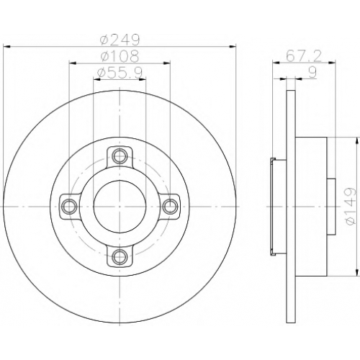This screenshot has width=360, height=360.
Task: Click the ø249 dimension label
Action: [120, 40]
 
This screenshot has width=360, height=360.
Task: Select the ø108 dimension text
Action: [120, 56]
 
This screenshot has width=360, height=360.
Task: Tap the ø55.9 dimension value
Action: [120, 73]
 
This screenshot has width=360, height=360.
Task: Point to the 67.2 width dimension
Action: [304, 56]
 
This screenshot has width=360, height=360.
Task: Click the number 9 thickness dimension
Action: [312, 72]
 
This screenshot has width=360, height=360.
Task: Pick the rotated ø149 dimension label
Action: [349, 206]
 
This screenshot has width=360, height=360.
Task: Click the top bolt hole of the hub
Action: [120, 156]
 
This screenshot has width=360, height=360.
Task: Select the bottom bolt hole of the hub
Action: [120, 256]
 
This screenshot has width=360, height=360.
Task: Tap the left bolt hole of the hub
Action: [69, 206]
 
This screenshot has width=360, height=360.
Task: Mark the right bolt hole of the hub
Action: [170, 206]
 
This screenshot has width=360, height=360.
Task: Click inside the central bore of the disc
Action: [120, 206]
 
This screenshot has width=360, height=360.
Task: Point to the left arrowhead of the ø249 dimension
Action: [6, 46]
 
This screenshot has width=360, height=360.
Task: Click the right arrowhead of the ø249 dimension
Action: [233, 46]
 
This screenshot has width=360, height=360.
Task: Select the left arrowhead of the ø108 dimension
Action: [73, 63]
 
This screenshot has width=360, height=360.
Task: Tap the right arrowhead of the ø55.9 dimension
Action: [143, 79]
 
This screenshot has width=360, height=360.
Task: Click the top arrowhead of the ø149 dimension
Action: [357, 140]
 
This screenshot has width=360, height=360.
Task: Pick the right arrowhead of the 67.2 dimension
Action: [332, 63]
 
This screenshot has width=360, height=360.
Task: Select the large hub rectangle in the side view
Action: [311, 207]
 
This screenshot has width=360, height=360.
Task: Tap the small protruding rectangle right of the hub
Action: [331, 207]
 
